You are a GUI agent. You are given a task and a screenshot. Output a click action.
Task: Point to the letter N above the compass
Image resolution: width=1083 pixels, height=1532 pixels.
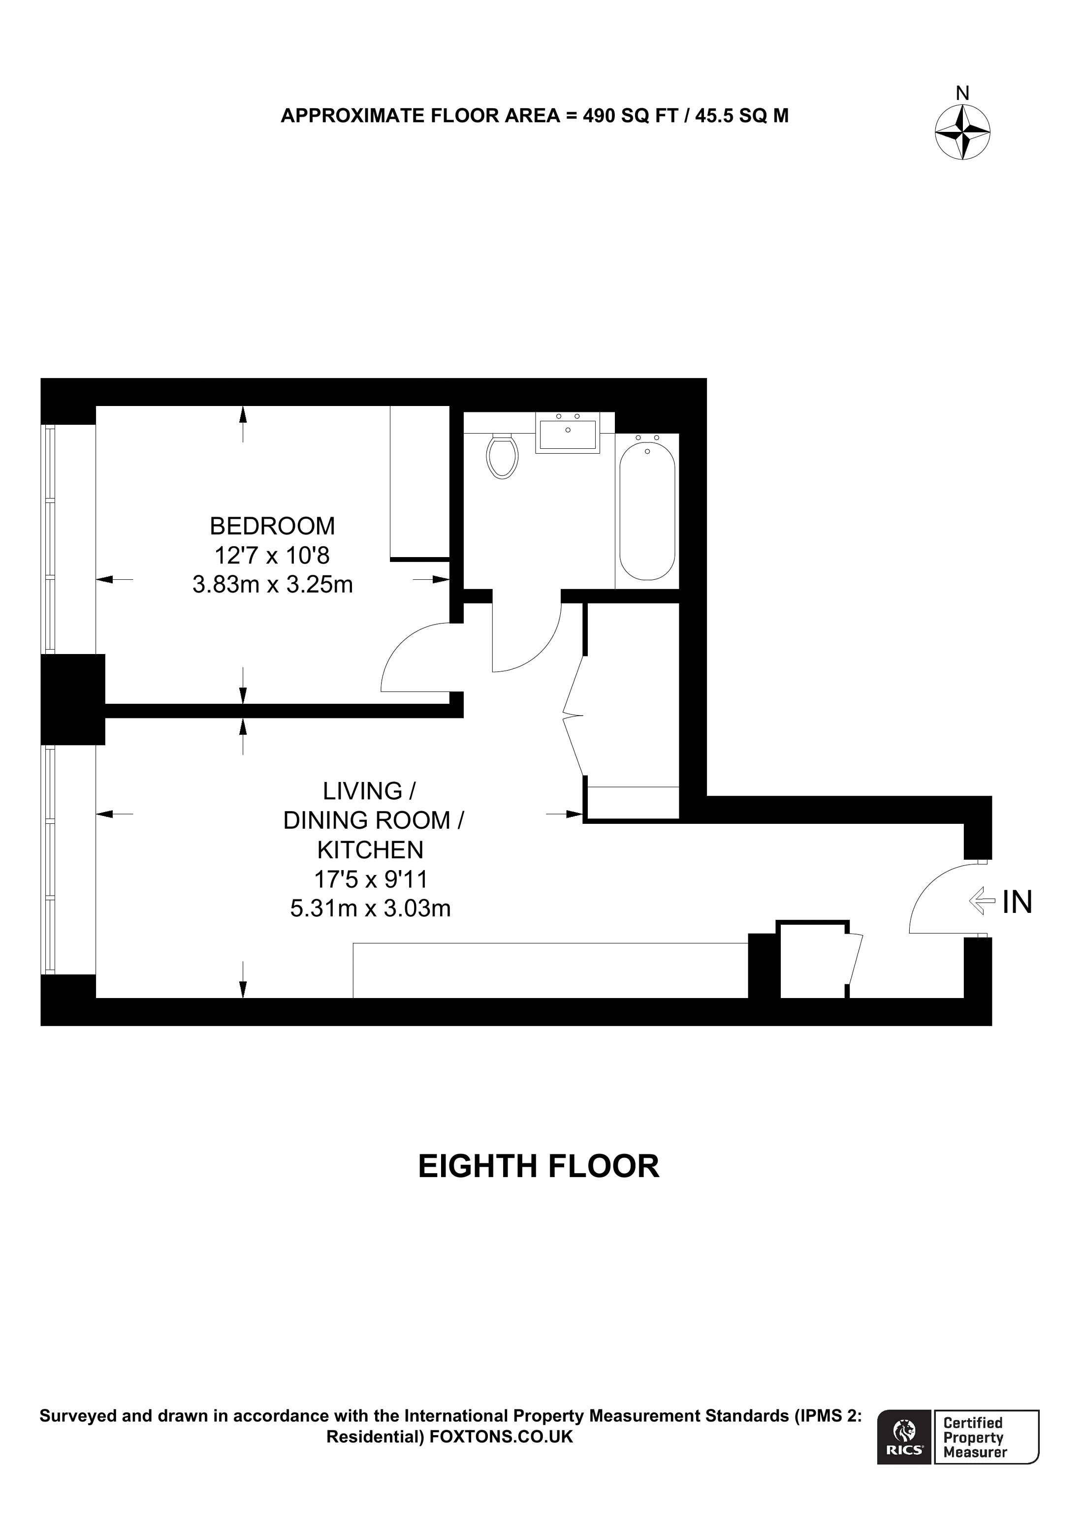pos(962,94)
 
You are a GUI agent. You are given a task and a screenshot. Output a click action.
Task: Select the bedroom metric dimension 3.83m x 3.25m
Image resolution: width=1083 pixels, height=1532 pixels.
pos(272,585)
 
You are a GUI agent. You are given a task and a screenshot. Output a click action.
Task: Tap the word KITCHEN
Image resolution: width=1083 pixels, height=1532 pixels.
pos(370,849)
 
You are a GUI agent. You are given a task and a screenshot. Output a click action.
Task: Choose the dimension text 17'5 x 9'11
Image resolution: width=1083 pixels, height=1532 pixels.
pos(370,879)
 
